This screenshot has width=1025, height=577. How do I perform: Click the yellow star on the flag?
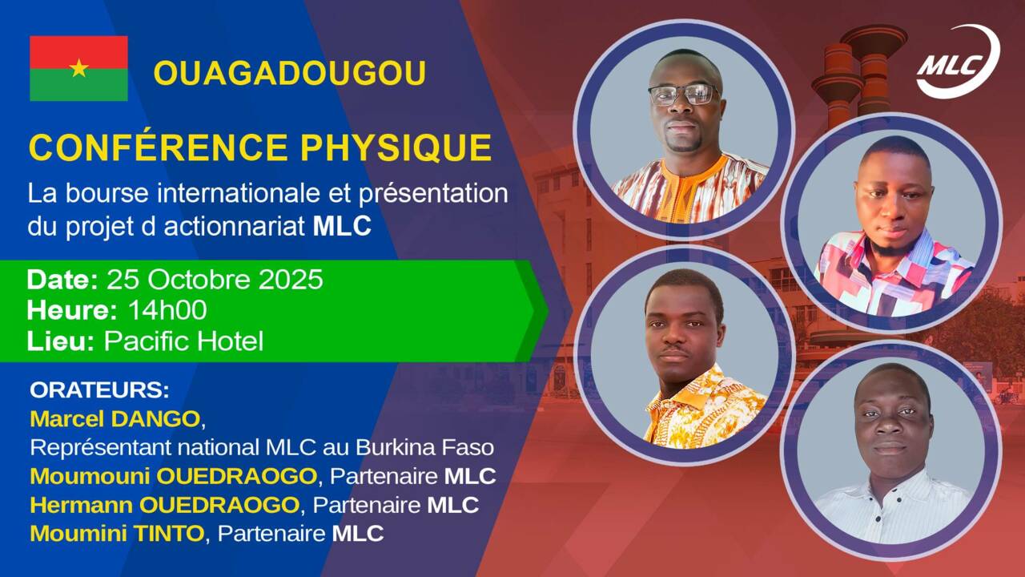tap(78, 68)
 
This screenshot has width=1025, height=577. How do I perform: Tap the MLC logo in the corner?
tap(957, 63)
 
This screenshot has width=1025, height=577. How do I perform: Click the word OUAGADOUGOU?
tap(290, 73)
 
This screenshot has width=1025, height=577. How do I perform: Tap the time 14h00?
tap(168, 310)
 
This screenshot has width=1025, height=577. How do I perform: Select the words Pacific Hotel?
tap(184, 341)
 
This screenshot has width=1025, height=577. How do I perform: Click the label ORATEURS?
tap(99, 390)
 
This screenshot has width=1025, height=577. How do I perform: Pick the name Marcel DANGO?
tap(115, 419)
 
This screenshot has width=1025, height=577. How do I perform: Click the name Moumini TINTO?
tap(117, 534)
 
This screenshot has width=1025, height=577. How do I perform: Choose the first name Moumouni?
tap(90, 476)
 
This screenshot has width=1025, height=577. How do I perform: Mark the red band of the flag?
tap(78, 52)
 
